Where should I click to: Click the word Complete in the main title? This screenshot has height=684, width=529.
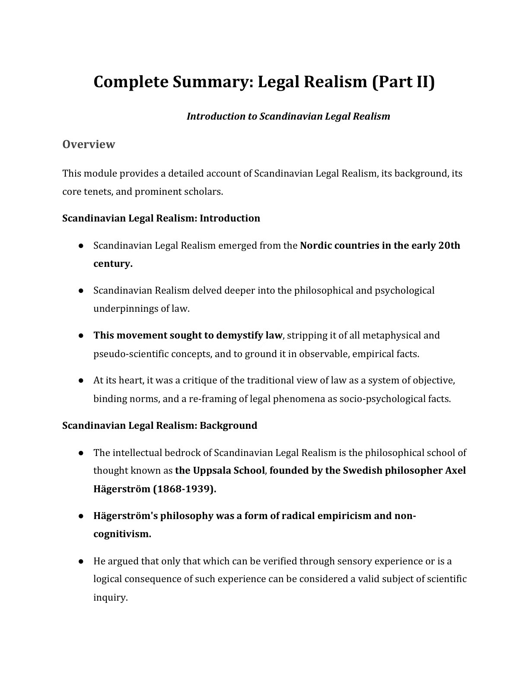tap(130, 82)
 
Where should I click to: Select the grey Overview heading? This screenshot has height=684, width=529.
tap(89, 144)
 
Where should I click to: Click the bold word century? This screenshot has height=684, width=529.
tap(113, 263)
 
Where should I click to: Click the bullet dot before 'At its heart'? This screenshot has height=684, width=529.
tap(81, 381)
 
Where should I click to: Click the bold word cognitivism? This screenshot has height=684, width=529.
tap(122, 534)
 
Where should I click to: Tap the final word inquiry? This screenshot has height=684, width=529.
tap(110, 598)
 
